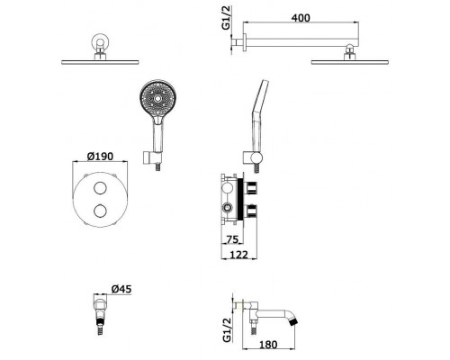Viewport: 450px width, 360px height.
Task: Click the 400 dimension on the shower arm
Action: pyautogui.click(x=301, y=18)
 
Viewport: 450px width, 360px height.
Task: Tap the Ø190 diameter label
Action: pyautogui.click(x=100, y=156)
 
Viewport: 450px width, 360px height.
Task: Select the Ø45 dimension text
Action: pyautogui.click(x=121, y=289)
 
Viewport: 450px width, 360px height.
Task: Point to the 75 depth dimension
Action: pyautogui.click(x=231, y=239)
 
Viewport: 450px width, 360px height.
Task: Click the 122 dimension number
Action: pyautogui.click(x=239, y=255)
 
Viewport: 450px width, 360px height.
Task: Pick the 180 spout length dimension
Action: pyautogui.click(x=268, y=345)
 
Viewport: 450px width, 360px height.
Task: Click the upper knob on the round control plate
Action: pyautogui.click(x=100, y=188)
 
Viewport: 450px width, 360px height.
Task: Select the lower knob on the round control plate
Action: pyautogui.click(x=100, y=211)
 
